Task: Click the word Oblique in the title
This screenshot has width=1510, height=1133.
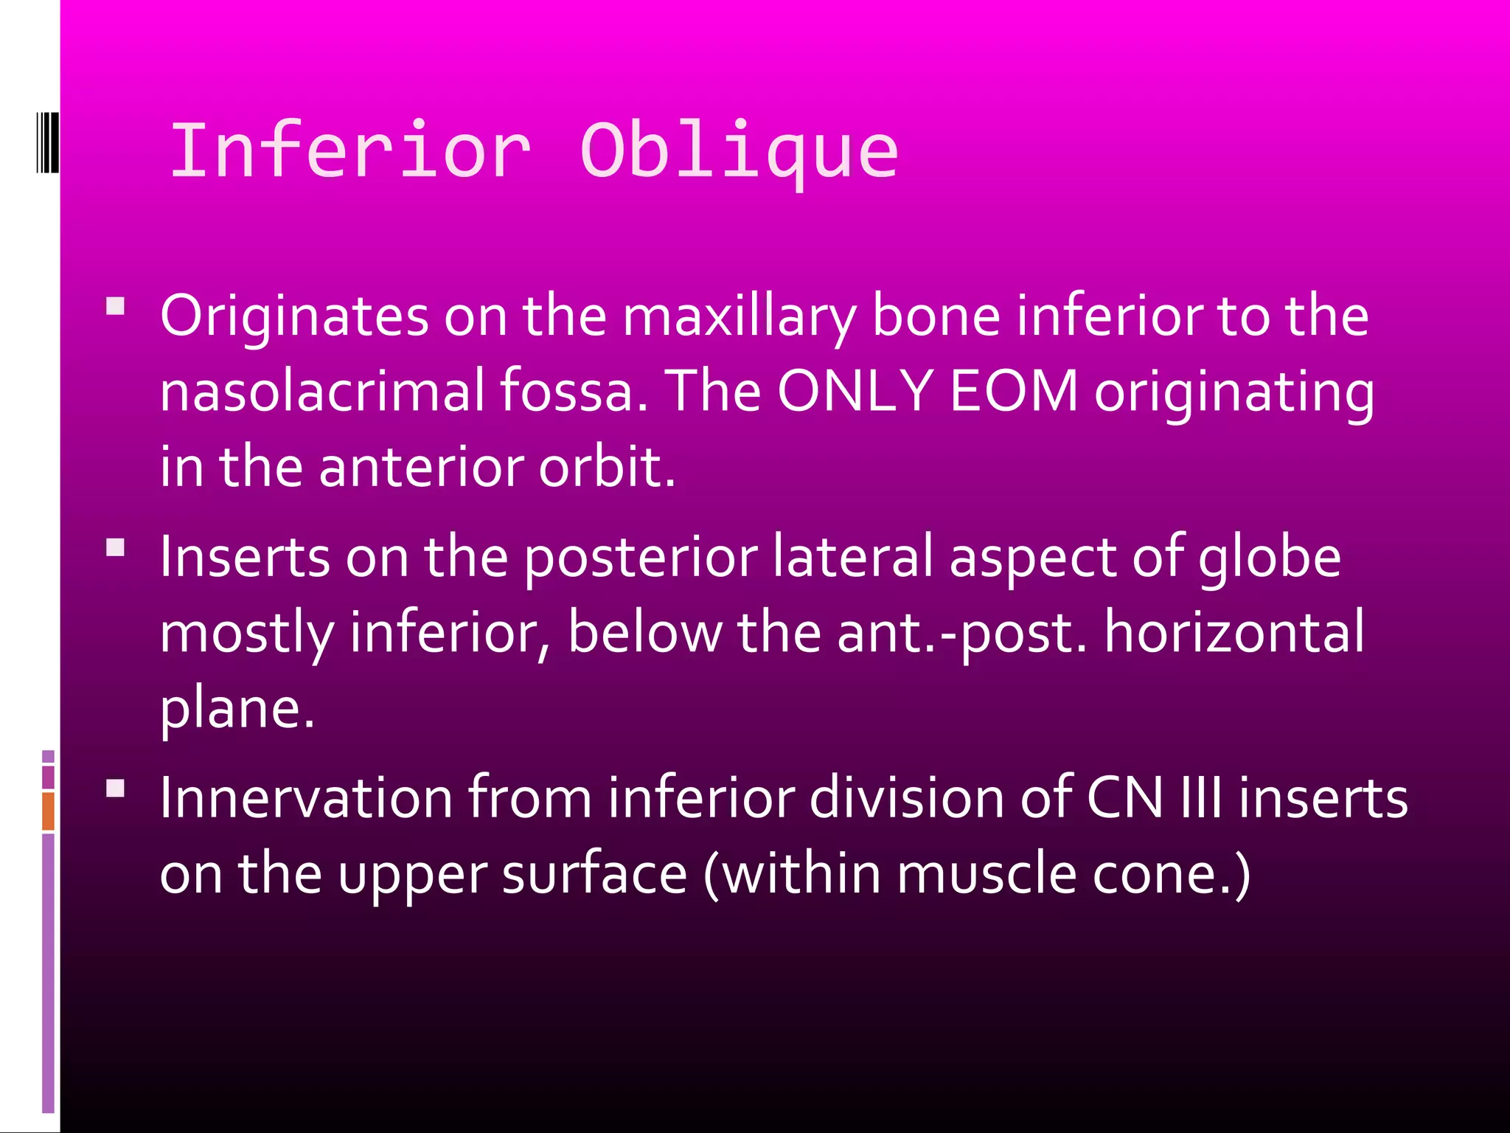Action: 739,151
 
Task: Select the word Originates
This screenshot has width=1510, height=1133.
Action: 294,316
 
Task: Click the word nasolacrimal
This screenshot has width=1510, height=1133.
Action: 322,391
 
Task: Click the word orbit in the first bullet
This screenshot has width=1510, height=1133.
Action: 606,467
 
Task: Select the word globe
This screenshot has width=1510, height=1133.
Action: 1270,557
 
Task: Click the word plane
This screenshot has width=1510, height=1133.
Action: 237,708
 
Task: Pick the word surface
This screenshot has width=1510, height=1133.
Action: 594,874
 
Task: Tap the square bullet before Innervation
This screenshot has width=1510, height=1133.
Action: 116,789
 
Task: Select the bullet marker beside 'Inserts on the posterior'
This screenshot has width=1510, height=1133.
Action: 116,547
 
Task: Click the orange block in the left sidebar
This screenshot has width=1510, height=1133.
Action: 48,811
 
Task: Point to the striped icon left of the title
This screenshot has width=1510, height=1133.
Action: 47,142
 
